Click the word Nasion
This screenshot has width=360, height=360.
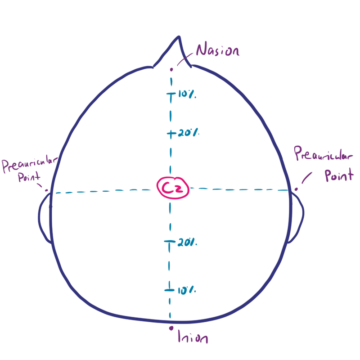(218, 49)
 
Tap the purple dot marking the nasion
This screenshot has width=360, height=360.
(171, 69)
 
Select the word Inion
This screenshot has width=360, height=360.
(193, 337)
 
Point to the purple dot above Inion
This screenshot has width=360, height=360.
(171, 328)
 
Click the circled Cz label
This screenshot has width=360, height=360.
(173, 188)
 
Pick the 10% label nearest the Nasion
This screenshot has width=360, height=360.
(187, 94)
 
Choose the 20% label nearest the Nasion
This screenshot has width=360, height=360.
(189, 132)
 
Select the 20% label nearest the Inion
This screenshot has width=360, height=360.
(187, 243)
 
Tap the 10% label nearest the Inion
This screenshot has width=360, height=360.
(187, 290)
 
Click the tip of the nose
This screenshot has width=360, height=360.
(179, 36)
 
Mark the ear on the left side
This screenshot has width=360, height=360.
(45, 218)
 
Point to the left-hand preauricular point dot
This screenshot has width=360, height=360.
(46, 190)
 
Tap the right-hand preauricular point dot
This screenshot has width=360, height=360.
(296, 189)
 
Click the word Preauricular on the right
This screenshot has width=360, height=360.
(323, 153)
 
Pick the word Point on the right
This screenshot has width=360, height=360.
(339, 175)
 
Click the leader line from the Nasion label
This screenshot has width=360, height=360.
(185, 59)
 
